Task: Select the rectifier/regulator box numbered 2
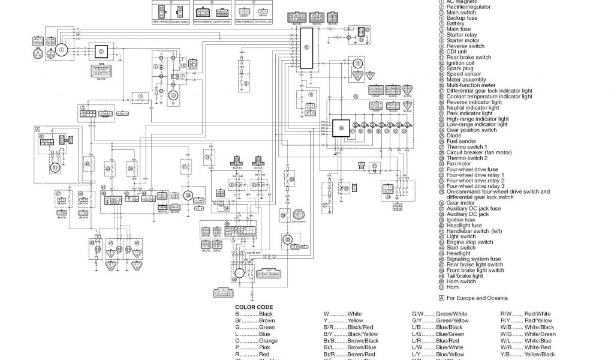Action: click(x=101, y=52)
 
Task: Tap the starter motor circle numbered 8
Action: click(x=174, y=95)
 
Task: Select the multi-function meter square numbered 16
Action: click(x=341, y=128)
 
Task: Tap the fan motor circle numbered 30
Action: click(x=189, y=196)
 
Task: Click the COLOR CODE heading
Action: click(x=250, y=307)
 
